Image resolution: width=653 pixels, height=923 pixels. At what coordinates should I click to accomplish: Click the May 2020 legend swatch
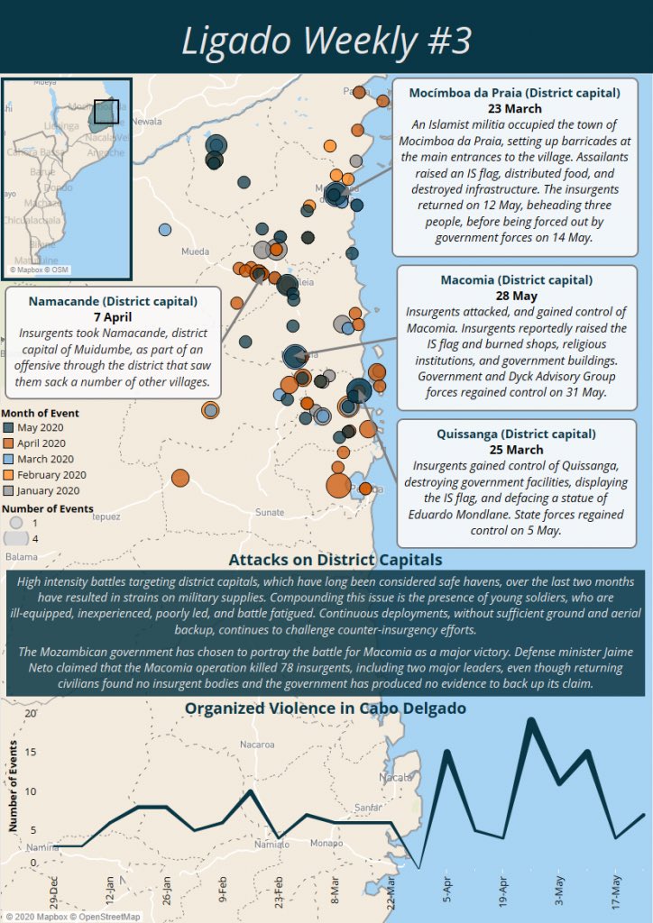point(9,427)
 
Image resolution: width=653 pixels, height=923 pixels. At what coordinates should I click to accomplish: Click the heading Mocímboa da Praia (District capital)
point(514,93)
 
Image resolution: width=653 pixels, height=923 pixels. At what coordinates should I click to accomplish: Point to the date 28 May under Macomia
point(517,296)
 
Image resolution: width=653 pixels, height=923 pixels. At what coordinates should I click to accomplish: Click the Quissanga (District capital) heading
point(514,434)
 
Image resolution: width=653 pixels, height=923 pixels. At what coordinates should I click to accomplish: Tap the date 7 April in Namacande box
point(113,317)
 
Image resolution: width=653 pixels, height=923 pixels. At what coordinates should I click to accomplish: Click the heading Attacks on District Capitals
point(336,560)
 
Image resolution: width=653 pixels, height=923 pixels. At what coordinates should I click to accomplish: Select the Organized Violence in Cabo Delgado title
point(326,708)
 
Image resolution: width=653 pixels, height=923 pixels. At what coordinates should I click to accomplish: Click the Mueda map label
point(195,251)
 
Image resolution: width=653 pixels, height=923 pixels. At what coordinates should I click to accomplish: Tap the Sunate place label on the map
point(270,512)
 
